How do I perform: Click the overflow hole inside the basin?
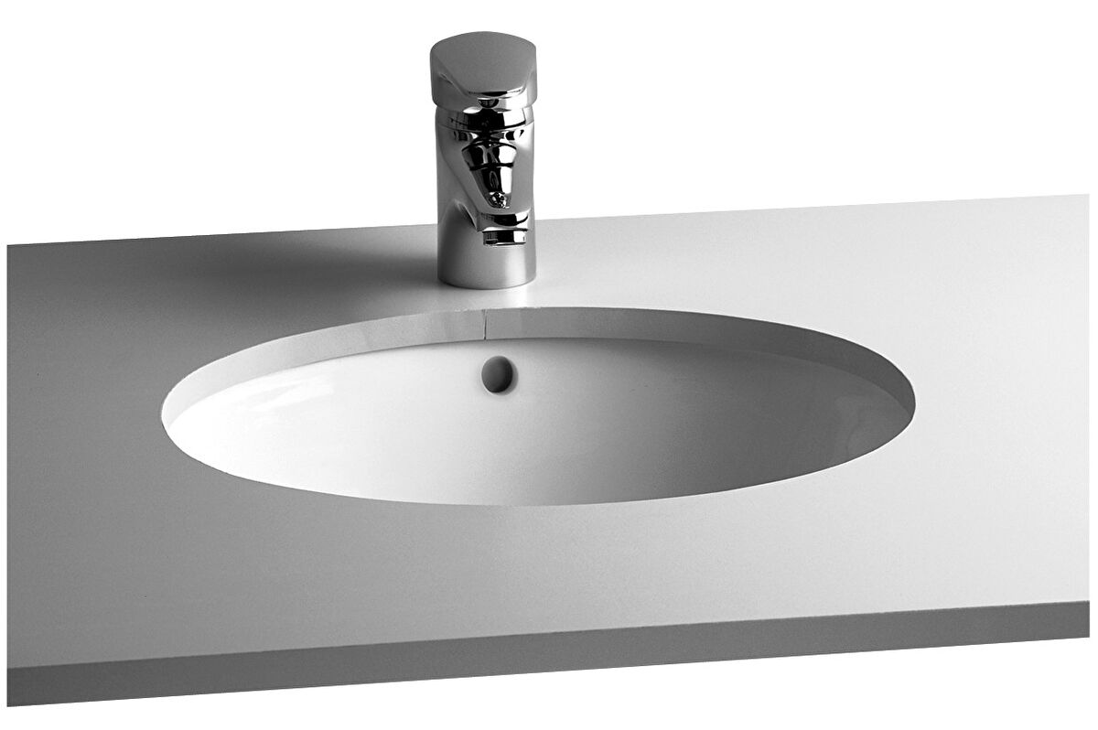[499, 374]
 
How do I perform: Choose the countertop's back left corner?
[9, 245]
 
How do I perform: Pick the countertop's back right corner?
[1086, 195]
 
